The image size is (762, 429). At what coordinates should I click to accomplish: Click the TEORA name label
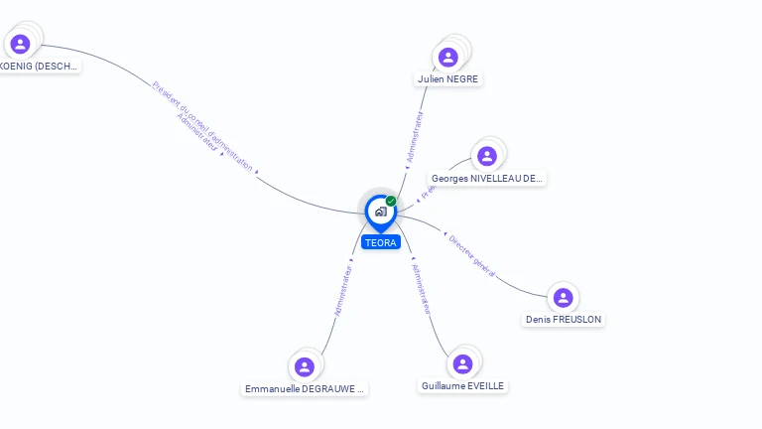click(380, 242)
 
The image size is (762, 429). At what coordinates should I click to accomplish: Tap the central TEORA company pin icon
click(380, 212)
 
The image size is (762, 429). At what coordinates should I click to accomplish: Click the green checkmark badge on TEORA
click(391, 202)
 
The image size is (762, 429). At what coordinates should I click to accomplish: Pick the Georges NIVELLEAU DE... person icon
click(486, 156)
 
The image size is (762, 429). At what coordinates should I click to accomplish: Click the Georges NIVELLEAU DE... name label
click(487, 179)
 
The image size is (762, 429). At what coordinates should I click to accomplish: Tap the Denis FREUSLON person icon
click(563, 297)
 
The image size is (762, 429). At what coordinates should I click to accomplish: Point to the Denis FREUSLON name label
click(564, 320)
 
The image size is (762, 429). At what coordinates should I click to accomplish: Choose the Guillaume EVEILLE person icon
click(461, 363)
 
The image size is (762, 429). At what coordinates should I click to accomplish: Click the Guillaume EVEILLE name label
click(462, 386)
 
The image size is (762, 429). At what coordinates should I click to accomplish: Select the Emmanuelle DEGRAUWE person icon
click(305, 366)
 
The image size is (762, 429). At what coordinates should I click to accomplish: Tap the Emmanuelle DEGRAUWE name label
click(305, 389)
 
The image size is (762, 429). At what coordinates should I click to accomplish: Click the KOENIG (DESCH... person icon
click(20, 44)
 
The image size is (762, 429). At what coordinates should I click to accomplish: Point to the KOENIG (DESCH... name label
click(40, 66)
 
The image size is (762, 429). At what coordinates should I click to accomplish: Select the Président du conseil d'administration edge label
click(202, 125)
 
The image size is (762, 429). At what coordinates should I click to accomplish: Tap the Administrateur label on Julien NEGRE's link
click(416, 136)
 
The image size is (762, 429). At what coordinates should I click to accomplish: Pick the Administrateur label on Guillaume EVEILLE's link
click(422, 288)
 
